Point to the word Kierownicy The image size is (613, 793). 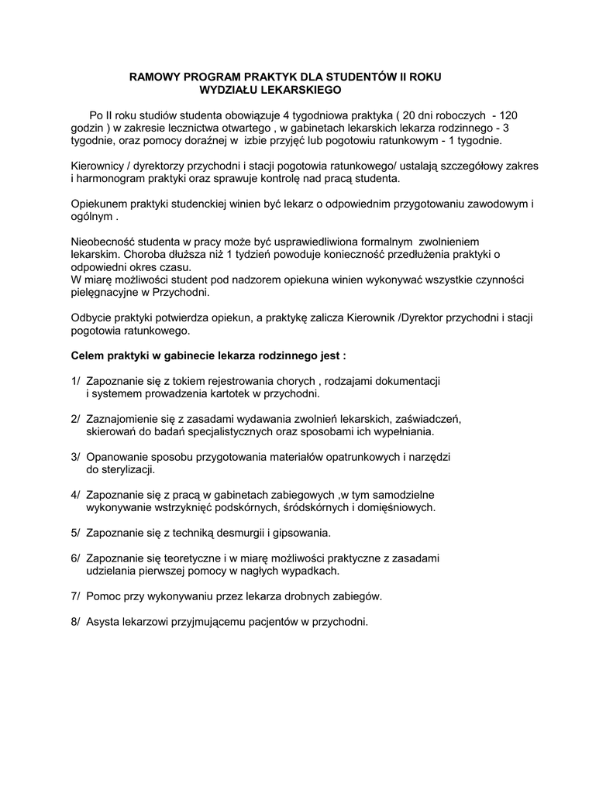(x=97, y=166)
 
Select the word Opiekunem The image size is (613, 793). (x=97, y=204)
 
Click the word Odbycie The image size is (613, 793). (x=91, y=318)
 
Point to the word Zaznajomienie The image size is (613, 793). (x=124, y=419)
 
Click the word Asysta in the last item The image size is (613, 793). (x=102, y=621)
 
